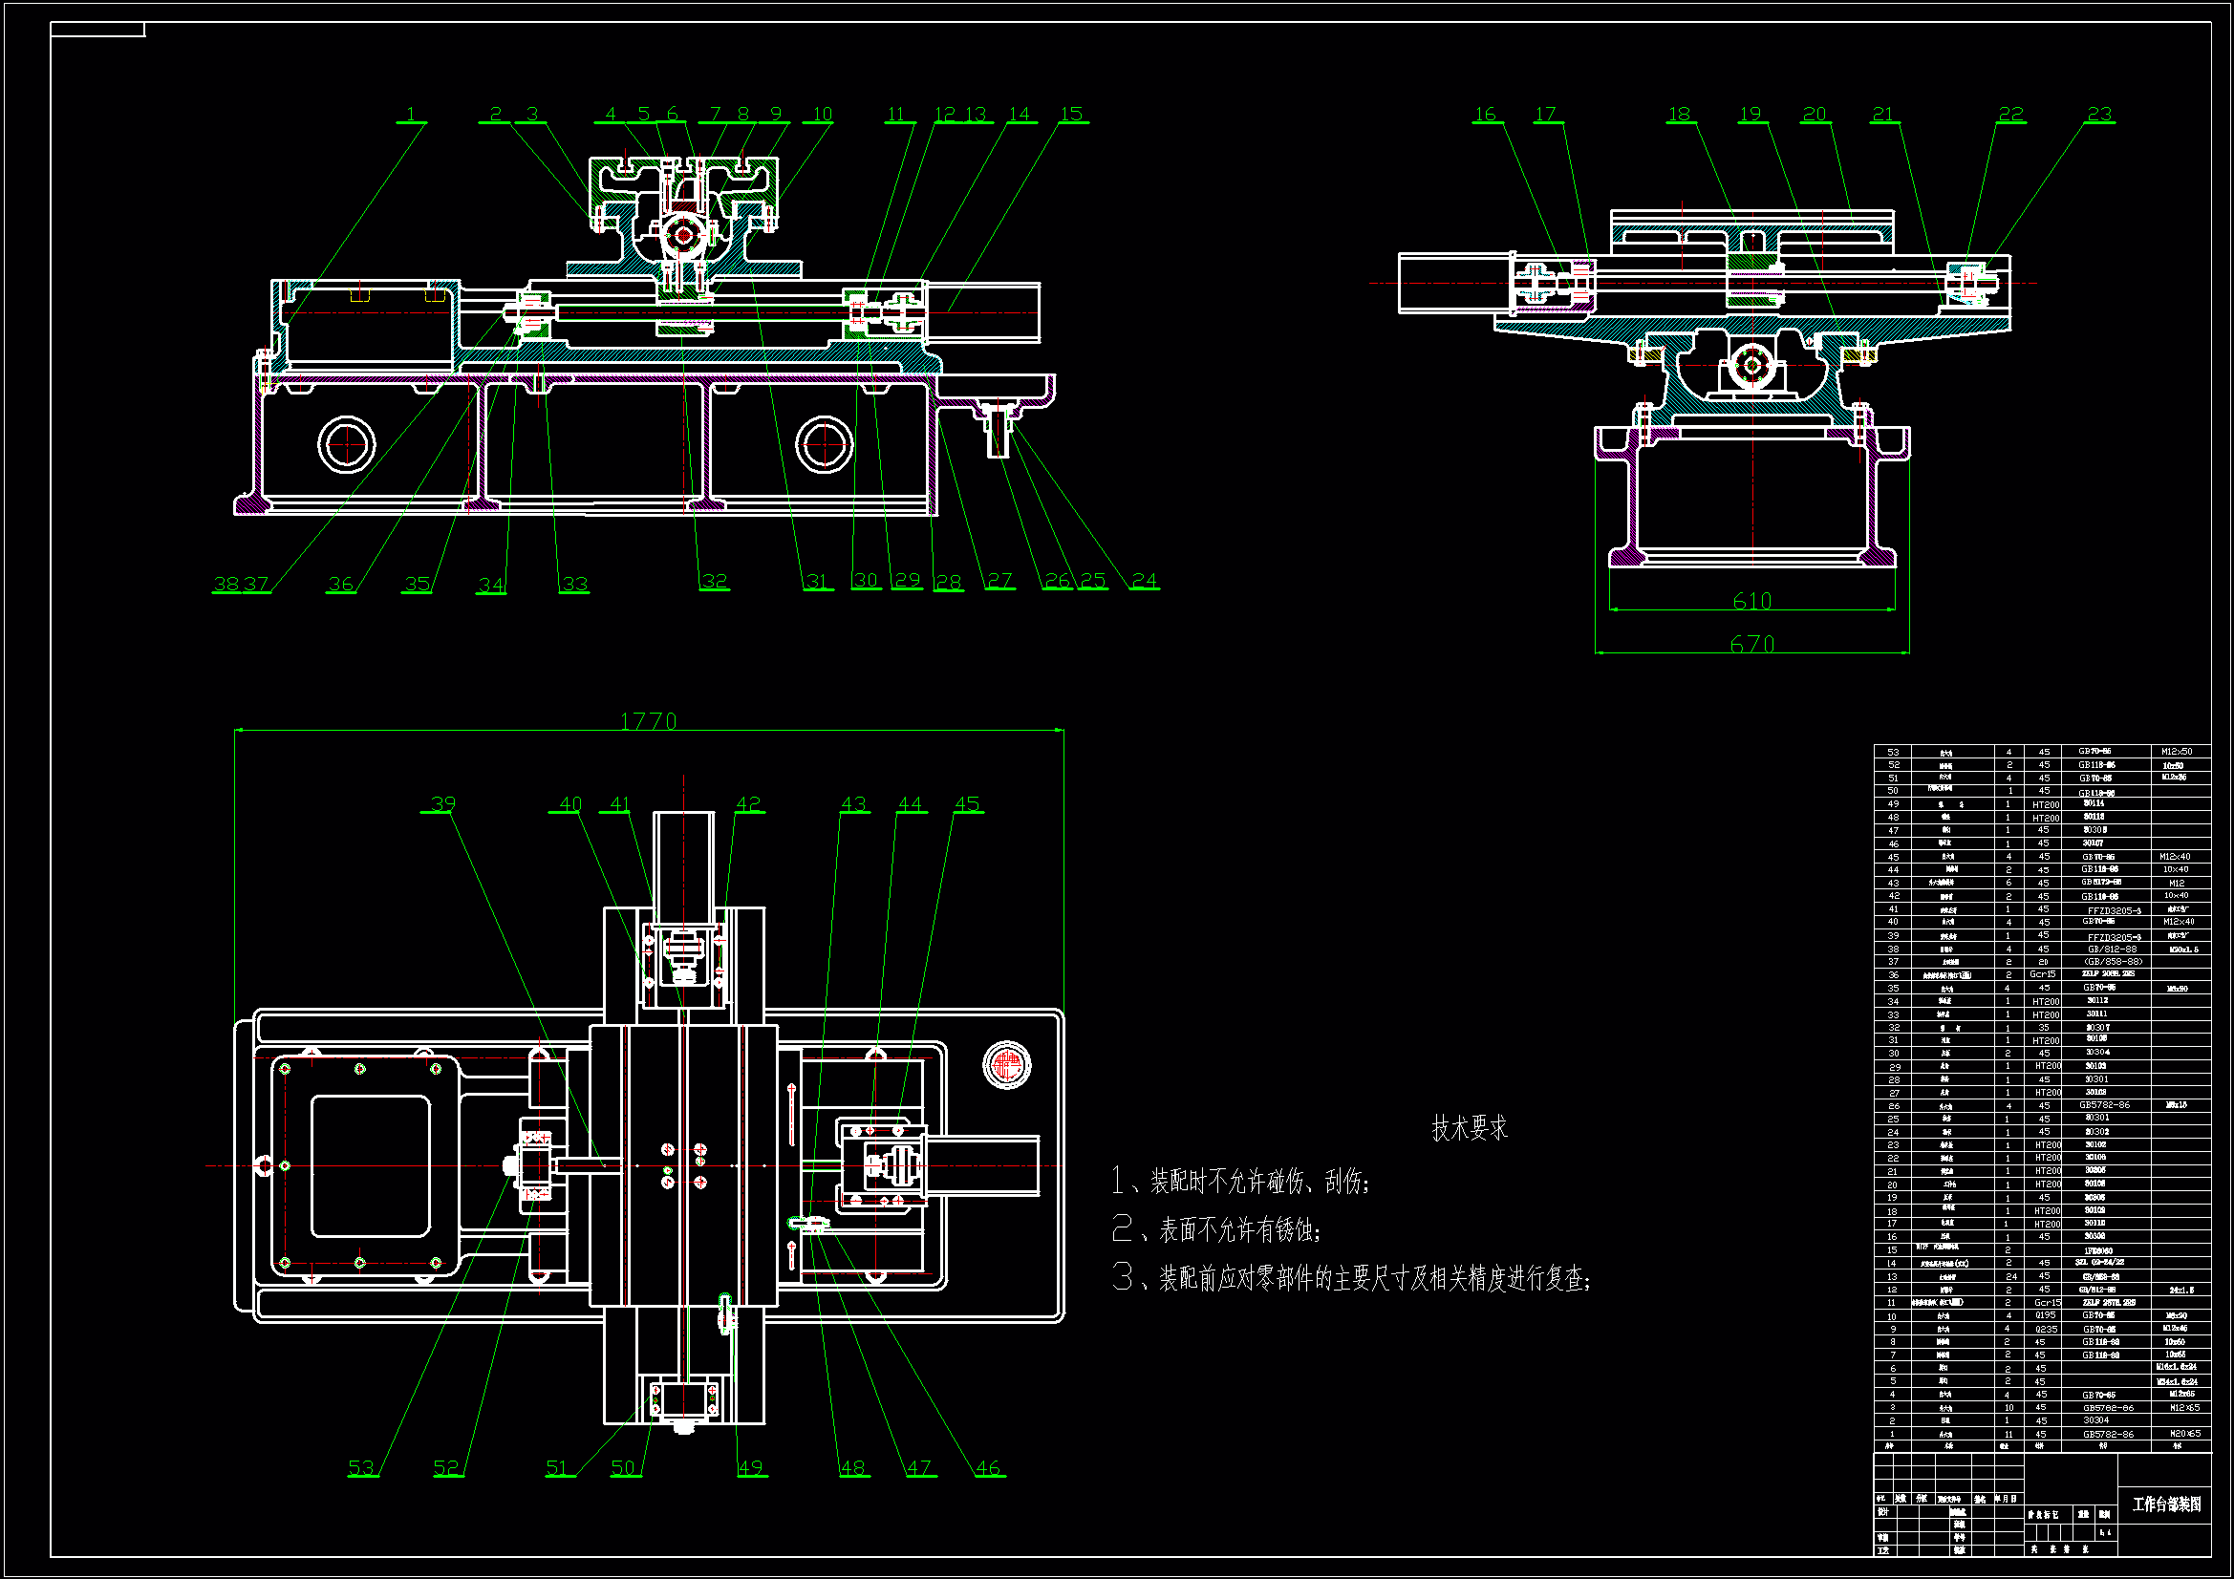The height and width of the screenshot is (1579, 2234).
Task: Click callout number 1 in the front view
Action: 411,114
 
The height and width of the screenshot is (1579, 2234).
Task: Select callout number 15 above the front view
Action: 1071,114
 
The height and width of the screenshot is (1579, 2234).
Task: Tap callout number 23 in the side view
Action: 2098,114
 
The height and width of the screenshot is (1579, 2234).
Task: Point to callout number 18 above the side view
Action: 1680,114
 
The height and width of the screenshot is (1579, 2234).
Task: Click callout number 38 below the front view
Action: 225,584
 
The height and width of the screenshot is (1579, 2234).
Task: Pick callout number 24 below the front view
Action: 1145,581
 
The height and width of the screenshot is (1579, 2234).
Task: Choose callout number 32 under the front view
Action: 714,581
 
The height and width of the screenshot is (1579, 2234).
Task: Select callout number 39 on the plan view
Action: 442,803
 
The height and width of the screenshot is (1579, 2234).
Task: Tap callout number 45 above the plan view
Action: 967,803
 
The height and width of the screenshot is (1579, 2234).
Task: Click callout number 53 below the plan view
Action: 361,1467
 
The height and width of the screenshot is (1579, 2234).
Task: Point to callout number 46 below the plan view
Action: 989,1467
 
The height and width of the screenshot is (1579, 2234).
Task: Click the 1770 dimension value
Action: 648,721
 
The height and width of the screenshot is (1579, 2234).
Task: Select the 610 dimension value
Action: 1751,601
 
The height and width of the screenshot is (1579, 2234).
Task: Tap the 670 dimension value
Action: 1751,644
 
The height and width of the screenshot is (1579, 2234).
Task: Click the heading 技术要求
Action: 1470,1128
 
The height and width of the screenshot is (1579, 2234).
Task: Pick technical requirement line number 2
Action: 1216,1230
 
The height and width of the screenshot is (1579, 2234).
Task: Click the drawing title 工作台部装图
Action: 2166,1504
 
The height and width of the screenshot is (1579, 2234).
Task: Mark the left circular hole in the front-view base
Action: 347,444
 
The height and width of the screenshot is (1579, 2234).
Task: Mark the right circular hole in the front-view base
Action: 824,444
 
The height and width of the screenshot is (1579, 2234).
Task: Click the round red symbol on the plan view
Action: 1007,1064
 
